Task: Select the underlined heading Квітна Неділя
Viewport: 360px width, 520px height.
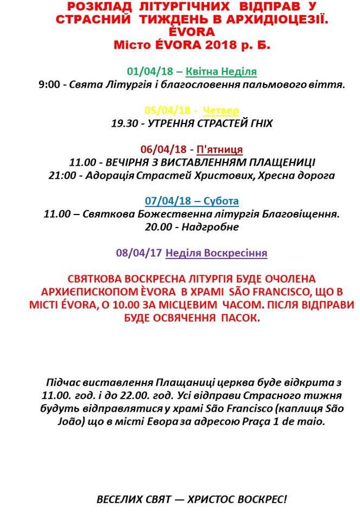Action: click(221, 71)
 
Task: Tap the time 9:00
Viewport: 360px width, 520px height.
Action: click(49, 85)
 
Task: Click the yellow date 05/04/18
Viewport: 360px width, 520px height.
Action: click(163, 110)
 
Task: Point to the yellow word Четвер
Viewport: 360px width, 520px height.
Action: click(221, 110)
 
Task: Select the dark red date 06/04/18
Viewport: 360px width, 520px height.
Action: click(163, 149)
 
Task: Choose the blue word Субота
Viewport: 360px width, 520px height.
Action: click(221, 201)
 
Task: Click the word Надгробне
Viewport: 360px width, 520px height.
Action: click(211, 227)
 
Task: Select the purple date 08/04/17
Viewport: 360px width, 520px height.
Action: click(138, 253)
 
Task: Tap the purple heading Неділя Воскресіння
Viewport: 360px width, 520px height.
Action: click(216, 253)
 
